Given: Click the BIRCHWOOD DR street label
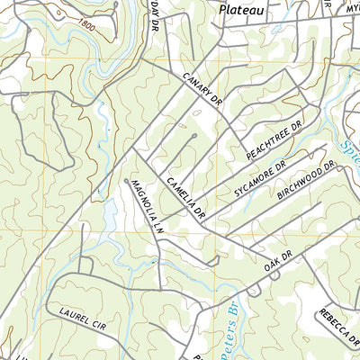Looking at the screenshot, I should click(306, 180).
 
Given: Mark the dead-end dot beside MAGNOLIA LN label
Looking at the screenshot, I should click(126, 181).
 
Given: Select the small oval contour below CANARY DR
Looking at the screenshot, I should click(196, 113).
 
